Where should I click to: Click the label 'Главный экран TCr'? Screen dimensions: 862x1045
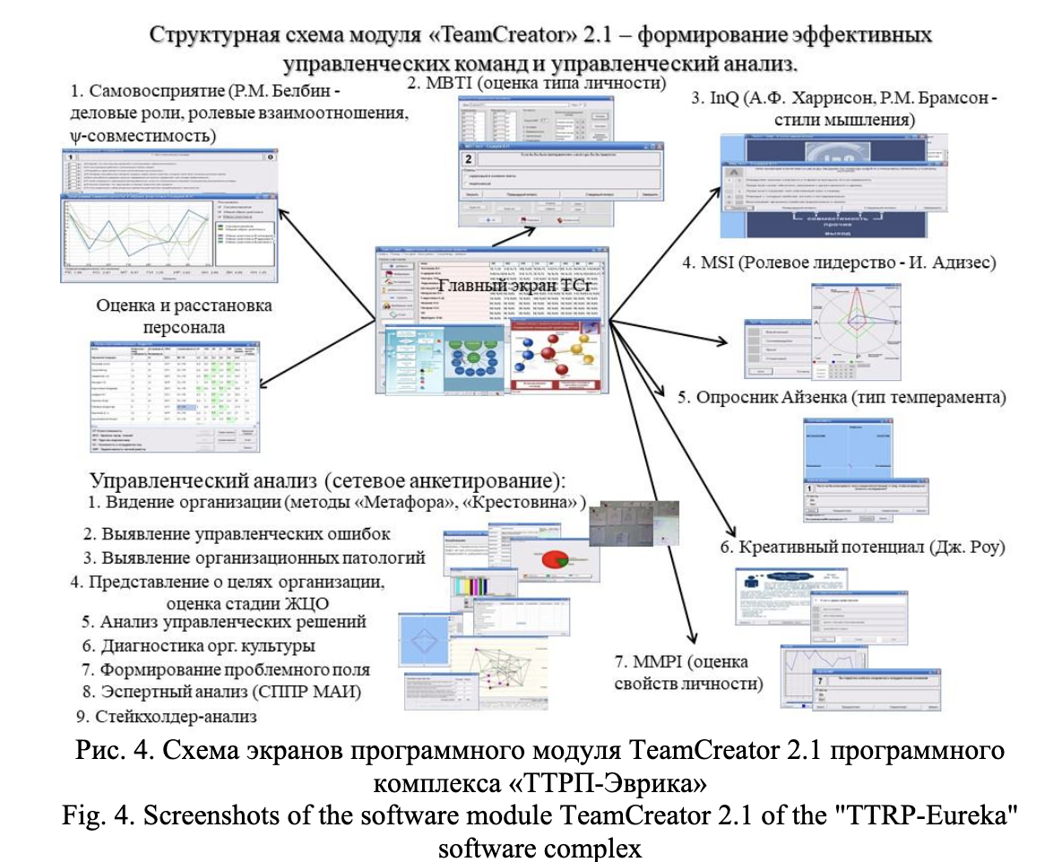coord(501,287)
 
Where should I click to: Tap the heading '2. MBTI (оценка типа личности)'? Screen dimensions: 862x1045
coord(537,85)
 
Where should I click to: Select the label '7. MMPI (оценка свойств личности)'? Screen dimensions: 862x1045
coord(695,674)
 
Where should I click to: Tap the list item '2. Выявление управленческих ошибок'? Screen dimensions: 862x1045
coord(237,534)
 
